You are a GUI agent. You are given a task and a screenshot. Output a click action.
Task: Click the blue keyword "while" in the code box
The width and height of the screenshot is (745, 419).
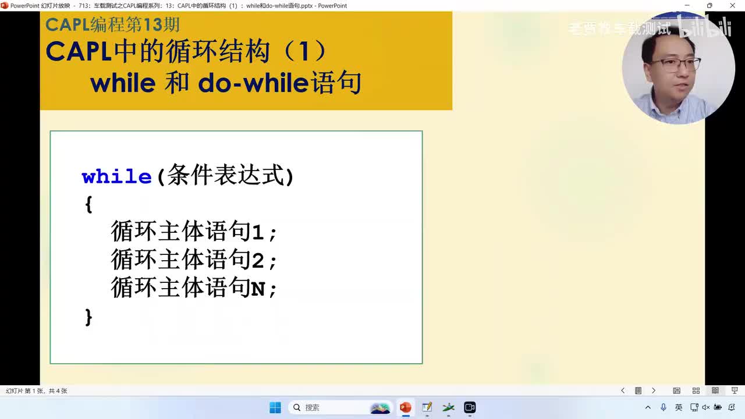tap(116, 176)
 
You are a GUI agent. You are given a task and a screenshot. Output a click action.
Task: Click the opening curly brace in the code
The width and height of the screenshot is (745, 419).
tap(88, 204)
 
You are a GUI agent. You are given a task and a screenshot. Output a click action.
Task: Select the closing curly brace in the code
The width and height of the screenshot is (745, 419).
tap(88, 317)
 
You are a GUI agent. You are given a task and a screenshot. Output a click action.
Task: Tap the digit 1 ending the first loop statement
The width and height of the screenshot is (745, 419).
tap(257, 233)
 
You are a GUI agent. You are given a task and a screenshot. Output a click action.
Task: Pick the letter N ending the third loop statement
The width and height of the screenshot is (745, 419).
tap(257, 289)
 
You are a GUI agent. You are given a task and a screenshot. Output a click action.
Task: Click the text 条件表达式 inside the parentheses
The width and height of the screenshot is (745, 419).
tap(225, 176)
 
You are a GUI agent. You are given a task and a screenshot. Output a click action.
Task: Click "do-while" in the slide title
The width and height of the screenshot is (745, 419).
tap(252, 84)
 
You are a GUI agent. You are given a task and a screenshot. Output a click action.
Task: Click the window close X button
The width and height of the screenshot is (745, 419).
tap(733, 5)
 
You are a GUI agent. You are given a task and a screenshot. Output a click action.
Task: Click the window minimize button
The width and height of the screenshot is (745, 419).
tap(686, 5)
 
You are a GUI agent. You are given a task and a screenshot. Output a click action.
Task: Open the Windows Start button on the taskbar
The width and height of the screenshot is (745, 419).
tap(275, 407)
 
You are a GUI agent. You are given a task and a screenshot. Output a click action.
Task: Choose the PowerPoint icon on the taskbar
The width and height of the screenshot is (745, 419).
tap(405, 407)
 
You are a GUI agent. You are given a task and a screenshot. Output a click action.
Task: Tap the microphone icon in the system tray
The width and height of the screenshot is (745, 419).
tap(664, 407)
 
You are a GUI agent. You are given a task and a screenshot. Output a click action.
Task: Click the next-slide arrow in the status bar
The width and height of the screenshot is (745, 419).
tap(654, 390)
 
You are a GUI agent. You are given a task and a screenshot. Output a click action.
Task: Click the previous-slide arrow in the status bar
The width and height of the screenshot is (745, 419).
tap(623, 390)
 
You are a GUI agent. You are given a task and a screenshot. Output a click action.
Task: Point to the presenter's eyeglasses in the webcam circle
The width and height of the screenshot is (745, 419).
tap(676, 64)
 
